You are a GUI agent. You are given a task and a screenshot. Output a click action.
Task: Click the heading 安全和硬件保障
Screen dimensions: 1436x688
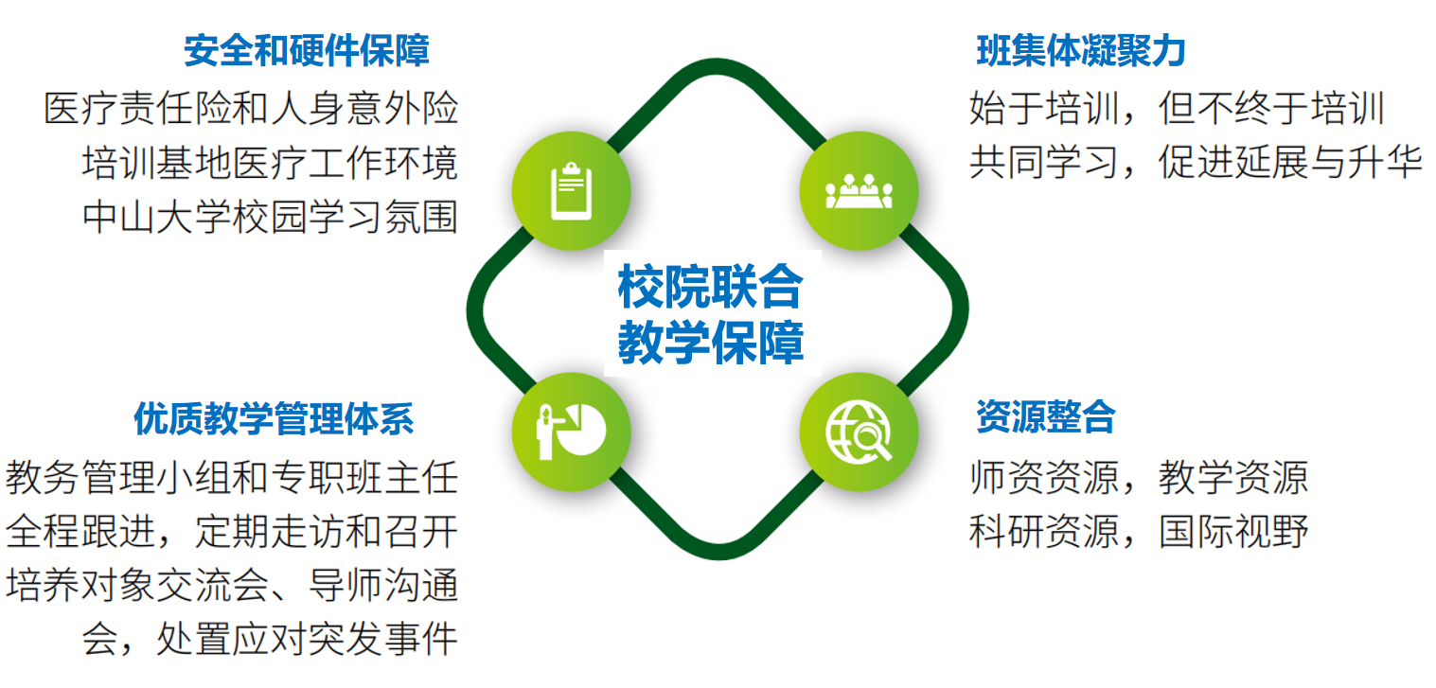pyautogui.click(x=307, y=51)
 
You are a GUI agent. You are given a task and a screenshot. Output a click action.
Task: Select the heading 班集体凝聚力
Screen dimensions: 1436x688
pyautogui.click(x=1080, y=51)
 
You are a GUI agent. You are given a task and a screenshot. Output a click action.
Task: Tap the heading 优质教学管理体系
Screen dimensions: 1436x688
pyautogui.click(x=274, y=418)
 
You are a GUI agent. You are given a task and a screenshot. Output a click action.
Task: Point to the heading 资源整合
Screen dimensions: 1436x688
pyautogui.click(x=1046, y=416)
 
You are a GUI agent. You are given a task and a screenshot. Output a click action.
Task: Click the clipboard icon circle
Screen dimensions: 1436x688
pyautogui.click(x=571, y=190)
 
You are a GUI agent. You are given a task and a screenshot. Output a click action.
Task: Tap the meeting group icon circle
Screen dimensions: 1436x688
pyautogui.click(x=859, y=190)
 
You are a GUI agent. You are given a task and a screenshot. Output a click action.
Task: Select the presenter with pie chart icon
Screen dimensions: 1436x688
pyautogui.click(x=571, y=432)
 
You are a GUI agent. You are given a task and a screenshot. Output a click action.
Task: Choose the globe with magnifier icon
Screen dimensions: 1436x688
pyautogui.click(x=859, y=432)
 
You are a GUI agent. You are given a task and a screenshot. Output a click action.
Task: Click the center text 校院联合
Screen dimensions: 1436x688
pyautogui.click(x=710, y=287)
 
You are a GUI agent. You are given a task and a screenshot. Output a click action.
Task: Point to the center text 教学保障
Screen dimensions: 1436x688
pyautogui.click(x=710, y=343)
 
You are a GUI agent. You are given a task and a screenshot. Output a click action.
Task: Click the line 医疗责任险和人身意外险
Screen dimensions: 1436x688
pyautogui.click(x=251, y=108)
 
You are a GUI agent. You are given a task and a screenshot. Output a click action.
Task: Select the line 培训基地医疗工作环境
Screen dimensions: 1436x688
pyautogui.click(x=270, y=162)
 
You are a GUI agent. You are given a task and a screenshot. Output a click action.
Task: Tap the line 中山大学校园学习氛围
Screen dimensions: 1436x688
pyautogui.click(x=270, y=217)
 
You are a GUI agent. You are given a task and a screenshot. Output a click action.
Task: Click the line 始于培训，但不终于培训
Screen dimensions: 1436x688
pyautogui.click(x=1177, y=108)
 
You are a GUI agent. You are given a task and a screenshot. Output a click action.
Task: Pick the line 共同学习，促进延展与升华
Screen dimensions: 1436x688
pyautogui.click(x=1196, y=162)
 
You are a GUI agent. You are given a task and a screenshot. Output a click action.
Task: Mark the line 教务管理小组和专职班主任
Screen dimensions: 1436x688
pyautogui.click(x=232, y=478)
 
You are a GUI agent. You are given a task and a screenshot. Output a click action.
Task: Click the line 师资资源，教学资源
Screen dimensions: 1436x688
pyautogui.click(x=1139, y=478)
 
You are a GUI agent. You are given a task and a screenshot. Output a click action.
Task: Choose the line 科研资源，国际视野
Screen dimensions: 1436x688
pyautogui.click(x=1139, y=532)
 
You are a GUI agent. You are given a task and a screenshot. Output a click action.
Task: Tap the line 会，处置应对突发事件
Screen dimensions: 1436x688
pyautogui.click(x=270, y=639)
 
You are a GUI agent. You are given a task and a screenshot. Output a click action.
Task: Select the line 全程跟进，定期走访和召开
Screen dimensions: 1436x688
pyautogui.click(x=232, y=532)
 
